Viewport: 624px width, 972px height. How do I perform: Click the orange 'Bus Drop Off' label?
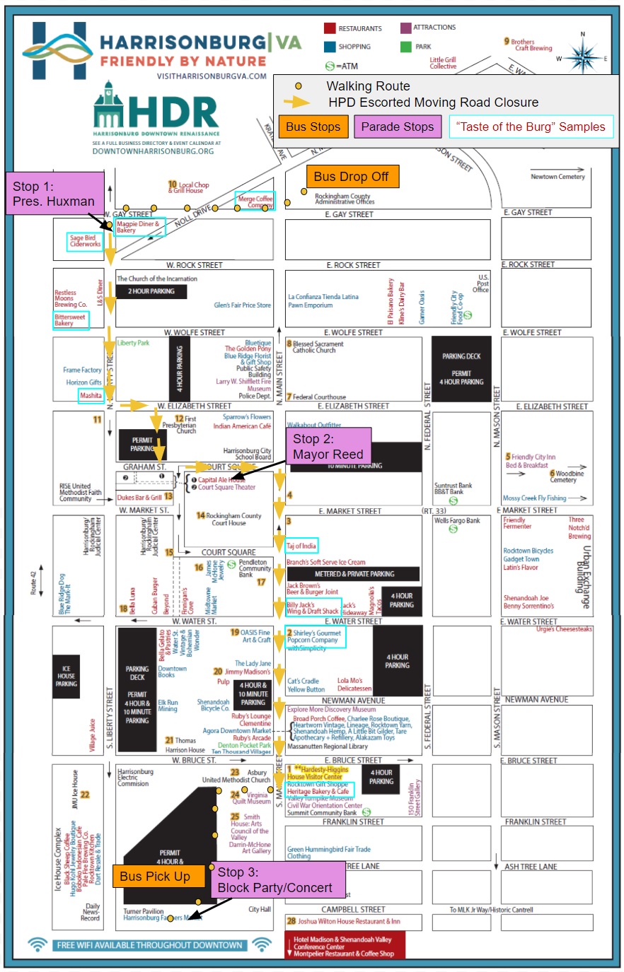pyautogui.click(x=352, y=177)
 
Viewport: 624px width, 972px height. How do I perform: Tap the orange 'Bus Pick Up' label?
pyautogui.click(x=155, y=877)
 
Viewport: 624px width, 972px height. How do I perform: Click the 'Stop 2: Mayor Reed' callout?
pyautogui.click(x=328, y=447)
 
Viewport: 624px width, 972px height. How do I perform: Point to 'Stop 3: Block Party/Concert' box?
pyautogui.click(x=275, y=880)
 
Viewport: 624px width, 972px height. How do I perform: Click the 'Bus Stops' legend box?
pyautogui.click(x=313, y=127)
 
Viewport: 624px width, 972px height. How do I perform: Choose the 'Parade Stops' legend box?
pyautogui.click(x=398, y=127)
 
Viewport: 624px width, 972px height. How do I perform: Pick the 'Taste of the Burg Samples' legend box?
pyautogui.click(x=531, y=127)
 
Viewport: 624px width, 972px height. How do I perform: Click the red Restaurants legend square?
pyautogui.click(x=330, y=28)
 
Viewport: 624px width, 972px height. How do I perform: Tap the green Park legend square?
pyautogui.click(x=405, y=47)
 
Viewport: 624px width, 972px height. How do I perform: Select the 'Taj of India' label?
pyautogui.click(x=302, y=546)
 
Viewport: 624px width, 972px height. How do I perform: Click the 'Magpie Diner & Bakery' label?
pyautogui.click(x=139, y=227)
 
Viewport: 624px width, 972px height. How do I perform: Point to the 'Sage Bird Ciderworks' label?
pyautogui.click(x=85, y=242)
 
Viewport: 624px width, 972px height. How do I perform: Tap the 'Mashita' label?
pyautogui.click(x=91, y=396)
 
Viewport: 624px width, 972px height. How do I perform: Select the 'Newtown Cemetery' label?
pyautogui.click(x=558, y=177)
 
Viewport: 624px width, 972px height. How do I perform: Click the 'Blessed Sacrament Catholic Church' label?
pyautogui.click(x=318, y=347)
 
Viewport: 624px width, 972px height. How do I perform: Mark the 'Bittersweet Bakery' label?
pyautogui.click(x=71, y=320)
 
